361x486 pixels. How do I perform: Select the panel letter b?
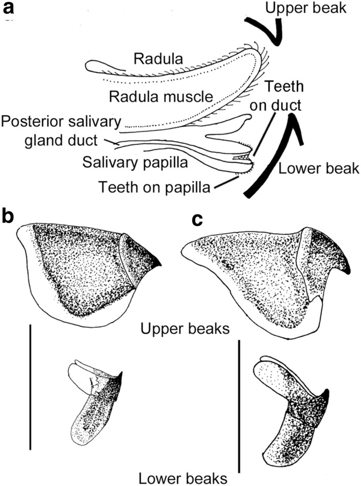coord(9,217)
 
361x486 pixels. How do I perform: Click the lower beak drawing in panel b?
coord(94,402)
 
